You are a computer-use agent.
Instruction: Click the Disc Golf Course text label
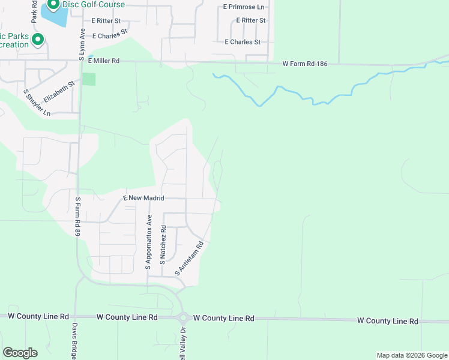(95, 5)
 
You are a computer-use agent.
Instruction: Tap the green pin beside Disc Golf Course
(53, 5)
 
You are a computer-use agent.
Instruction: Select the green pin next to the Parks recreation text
(38, 40)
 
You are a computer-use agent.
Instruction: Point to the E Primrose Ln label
(243, 7)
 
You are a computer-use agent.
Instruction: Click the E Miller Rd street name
(104, 61)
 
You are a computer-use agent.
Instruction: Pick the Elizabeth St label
(58, 91)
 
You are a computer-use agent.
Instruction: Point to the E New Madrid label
(143, 197)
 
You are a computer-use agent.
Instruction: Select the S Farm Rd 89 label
(77, 216)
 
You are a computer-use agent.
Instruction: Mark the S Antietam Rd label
(190, 258)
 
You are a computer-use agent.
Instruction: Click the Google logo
(20, 353)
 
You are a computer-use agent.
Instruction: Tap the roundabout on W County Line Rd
(184, 318)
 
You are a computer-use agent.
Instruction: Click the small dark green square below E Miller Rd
(89, 79)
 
